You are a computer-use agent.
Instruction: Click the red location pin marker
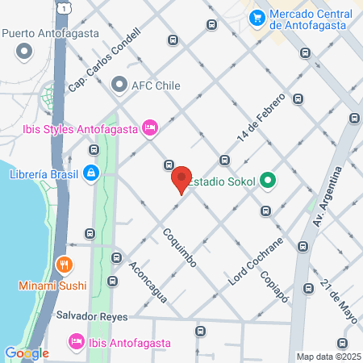[181, 179]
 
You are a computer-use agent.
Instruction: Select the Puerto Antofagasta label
[50, 33]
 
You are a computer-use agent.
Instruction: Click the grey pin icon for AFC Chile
[119, 85]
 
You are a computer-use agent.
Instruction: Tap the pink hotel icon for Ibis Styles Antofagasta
[148, 127]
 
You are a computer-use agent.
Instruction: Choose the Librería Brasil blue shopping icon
[92, 173]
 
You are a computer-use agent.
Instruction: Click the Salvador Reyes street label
[91, 317]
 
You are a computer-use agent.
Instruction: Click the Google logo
[27, 353]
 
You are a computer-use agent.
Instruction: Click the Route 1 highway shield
[61, 6]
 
